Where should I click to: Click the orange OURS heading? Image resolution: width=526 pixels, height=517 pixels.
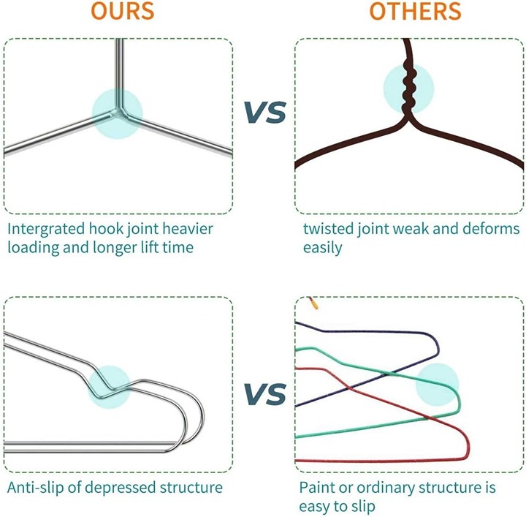[x=123, y=11]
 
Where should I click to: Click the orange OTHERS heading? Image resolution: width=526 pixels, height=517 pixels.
[x=415, y=11]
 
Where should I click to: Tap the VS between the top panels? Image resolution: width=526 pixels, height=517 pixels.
[x=265, y=112]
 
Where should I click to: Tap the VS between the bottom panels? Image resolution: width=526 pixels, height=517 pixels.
[x=265, y=393]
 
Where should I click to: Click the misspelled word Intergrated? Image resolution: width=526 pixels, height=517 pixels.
[x=46, y=230]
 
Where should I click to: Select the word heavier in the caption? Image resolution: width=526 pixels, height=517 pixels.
[x=188, y=229]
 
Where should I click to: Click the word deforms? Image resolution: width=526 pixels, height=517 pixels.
[x=491, y=229]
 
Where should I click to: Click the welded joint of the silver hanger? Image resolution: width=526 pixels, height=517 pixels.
[x=118, y=113]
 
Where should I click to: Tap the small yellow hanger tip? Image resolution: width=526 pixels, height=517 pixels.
[x=314, y=305]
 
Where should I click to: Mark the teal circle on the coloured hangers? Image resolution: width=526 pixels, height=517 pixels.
[x=437, y=385]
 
